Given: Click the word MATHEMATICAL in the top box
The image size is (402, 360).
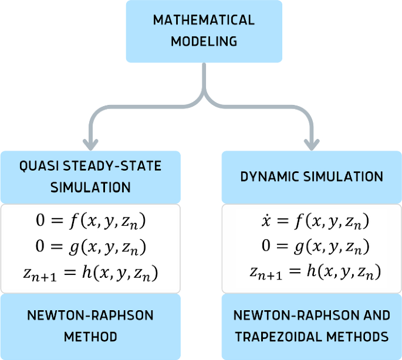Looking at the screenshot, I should point(204,20).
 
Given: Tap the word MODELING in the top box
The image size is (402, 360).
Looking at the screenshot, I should point(204,42).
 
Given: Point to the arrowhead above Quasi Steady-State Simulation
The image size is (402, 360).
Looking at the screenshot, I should point(90,142).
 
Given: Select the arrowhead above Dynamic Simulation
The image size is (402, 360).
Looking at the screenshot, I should point(312,142).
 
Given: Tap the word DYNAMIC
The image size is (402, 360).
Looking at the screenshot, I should point(268,176).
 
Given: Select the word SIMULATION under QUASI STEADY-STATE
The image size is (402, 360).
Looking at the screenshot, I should point(90,188).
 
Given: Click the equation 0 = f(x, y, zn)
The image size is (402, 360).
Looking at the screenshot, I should point(90,222).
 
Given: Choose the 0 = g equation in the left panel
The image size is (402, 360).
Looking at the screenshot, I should point(90,247).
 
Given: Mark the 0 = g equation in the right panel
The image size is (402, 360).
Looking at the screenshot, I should point(312,247).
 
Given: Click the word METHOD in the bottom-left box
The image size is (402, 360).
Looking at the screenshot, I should point(90,337).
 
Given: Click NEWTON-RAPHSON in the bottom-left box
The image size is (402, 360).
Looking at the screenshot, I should point(90,315).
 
